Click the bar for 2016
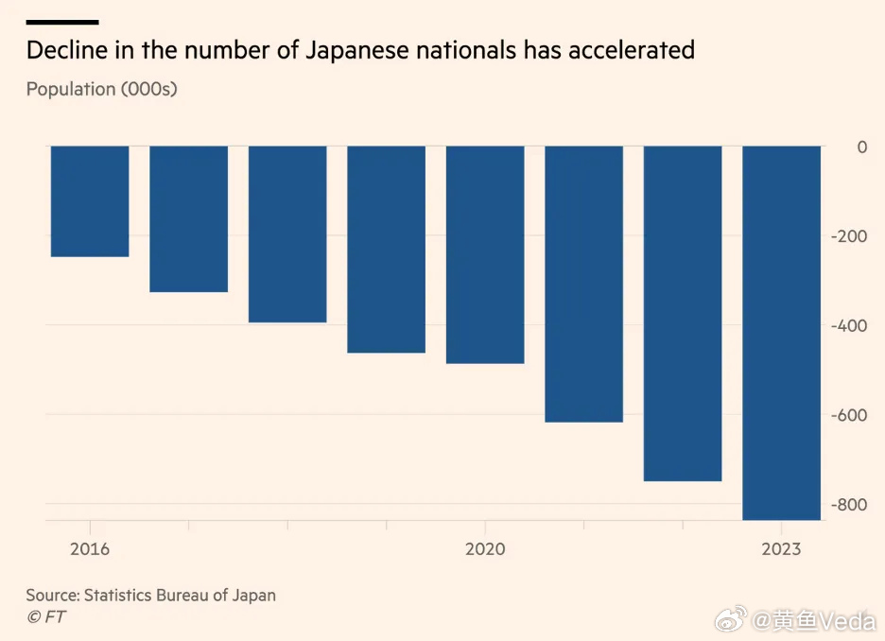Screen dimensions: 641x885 point(90,201)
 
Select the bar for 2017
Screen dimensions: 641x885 point(188,219)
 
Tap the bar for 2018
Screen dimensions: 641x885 point(287,234)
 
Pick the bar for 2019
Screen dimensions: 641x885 point(386,250)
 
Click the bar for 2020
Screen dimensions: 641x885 point(485,255)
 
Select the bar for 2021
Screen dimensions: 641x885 point(583,284)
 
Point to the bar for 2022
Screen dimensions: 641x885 point(683,314)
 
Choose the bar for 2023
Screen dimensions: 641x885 point(781,333)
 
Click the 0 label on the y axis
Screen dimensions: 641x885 point(861,147)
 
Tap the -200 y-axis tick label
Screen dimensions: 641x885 point(848,236)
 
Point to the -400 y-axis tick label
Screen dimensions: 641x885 point(848,325)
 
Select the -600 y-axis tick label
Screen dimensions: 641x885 point(848,415)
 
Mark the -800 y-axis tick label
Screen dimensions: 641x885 point(848,505)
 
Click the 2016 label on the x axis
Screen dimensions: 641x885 point(90,549)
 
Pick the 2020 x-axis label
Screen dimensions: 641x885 point(485,549)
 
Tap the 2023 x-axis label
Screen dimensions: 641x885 point(781,549)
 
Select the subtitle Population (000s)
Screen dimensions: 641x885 point(102,90)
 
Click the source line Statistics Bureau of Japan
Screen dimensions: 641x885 point(151,596)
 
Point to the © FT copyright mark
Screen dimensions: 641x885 point(46,617)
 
